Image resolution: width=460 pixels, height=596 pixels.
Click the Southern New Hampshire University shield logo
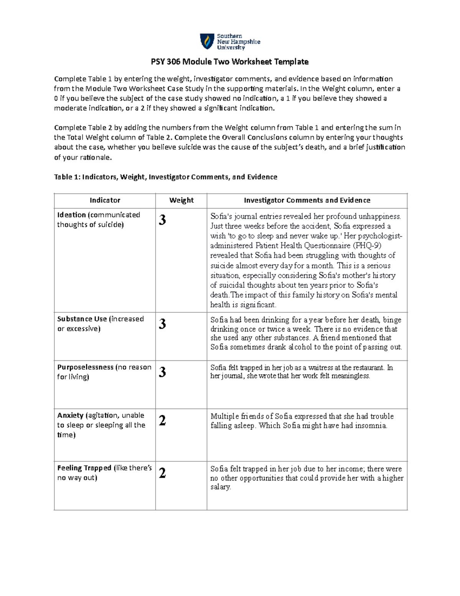pos(207,41)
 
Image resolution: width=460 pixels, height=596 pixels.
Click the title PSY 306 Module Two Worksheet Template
pos(230,62)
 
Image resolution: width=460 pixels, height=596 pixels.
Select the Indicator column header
pos(105,200)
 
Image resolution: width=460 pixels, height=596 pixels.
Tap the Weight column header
pos(181,200)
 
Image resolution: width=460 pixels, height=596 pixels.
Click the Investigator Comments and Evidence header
pos(307,200)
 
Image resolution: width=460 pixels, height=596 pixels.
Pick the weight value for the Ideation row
pos(163,220)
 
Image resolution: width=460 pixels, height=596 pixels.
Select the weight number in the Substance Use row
pos(163,324)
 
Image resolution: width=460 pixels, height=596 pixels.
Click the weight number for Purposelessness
pos(163,372)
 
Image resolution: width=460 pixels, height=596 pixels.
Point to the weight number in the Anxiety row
pos(163,421)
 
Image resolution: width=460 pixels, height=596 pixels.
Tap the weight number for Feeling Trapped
pos(163,473)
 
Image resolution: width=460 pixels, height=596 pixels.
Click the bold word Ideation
pos(71,215)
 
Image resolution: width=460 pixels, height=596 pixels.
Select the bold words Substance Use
pos(82,319)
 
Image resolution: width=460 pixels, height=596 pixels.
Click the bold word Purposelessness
pos(85,367)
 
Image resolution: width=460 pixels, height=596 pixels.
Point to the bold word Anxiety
pos(70,415)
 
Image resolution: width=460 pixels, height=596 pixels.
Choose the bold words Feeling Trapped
pos(84,468)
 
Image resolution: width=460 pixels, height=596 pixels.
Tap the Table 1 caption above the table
pos(165,177)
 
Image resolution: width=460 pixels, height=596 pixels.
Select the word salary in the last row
pos(220,487)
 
